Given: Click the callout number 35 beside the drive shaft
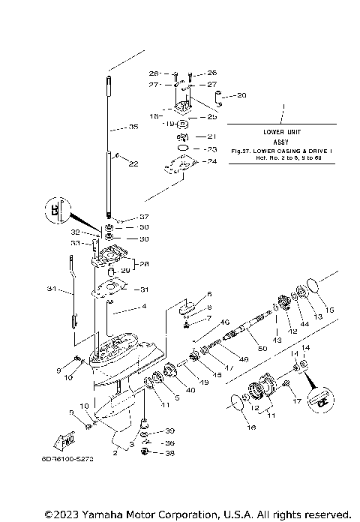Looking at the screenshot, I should (x=133, y=127).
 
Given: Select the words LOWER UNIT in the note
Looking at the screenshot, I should (x=283, y=132).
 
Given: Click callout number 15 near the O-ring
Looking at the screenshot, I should (x=328, y=310).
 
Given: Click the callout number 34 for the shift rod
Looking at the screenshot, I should (x=52, y=289).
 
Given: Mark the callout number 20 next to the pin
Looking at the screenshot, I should (x=241, y=95).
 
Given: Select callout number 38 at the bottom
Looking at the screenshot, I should (x=169, y=452).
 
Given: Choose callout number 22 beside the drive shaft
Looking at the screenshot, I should (x=133, y=163).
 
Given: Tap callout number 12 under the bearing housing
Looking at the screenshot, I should (x=254, y=409).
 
